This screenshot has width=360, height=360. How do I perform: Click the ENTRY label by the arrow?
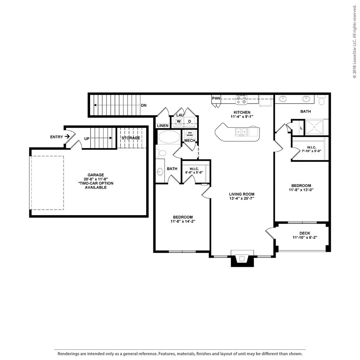click(57, 137)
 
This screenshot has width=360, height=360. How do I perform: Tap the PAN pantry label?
click(216, 98)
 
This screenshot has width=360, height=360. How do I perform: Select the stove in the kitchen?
click(242, 99)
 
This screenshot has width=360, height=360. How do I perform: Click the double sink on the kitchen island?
click(241, 132)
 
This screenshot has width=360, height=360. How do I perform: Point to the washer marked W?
click(179, 121)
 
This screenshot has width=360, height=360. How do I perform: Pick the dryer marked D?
click(190, 121)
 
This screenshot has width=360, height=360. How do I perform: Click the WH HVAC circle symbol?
click(190, 134)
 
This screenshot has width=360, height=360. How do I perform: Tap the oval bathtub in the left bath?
click(169, 137)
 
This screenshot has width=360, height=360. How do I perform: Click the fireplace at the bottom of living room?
click(242, 258)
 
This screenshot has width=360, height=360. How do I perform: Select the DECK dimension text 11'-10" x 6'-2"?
click(305, 237)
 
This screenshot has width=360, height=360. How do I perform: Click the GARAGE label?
click(96, 175)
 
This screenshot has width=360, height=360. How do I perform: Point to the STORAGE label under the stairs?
click(131, 138)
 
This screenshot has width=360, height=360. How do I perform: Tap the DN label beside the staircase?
click(144, 105)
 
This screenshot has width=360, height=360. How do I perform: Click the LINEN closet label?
click(163, 126)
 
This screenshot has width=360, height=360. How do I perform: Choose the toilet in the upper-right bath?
click(322, 100)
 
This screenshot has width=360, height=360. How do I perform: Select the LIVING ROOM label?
click(242, 194)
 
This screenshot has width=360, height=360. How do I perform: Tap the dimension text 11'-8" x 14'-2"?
click(183, 221)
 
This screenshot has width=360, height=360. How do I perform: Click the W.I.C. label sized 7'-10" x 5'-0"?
click(311, 147)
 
